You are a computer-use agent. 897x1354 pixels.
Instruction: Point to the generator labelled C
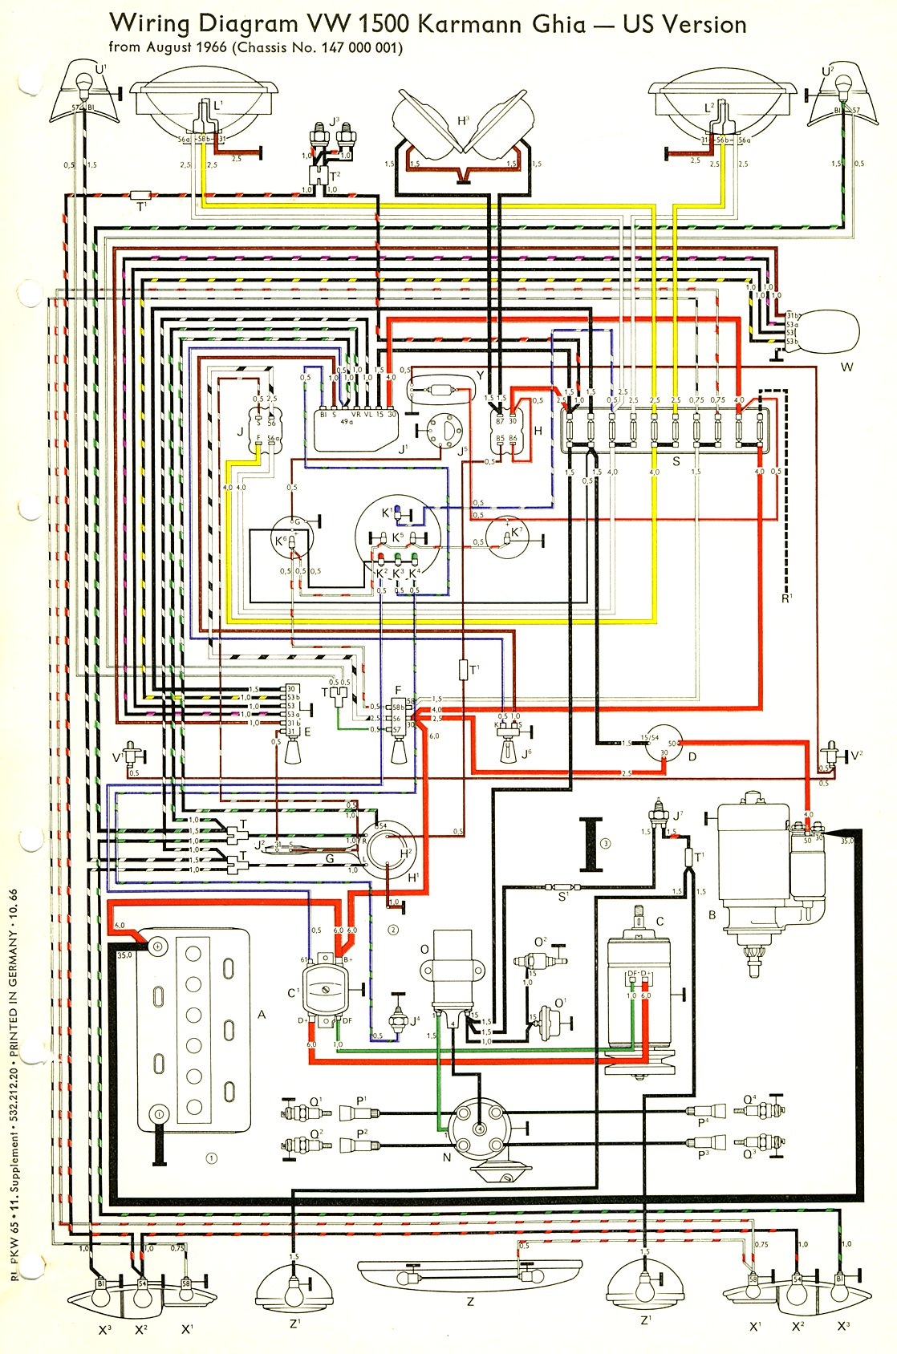pos(639,995)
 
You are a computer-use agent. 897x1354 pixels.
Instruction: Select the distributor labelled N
pos(479,1127)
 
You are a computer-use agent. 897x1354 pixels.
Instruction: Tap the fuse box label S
pos(676,461)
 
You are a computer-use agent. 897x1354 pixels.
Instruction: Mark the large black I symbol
pos(592,844)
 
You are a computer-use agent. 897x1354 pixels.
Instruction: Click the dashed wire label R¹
pos(786,598)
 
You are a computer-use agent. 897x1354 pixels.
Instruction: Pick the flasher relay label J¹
pos(404,449)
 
